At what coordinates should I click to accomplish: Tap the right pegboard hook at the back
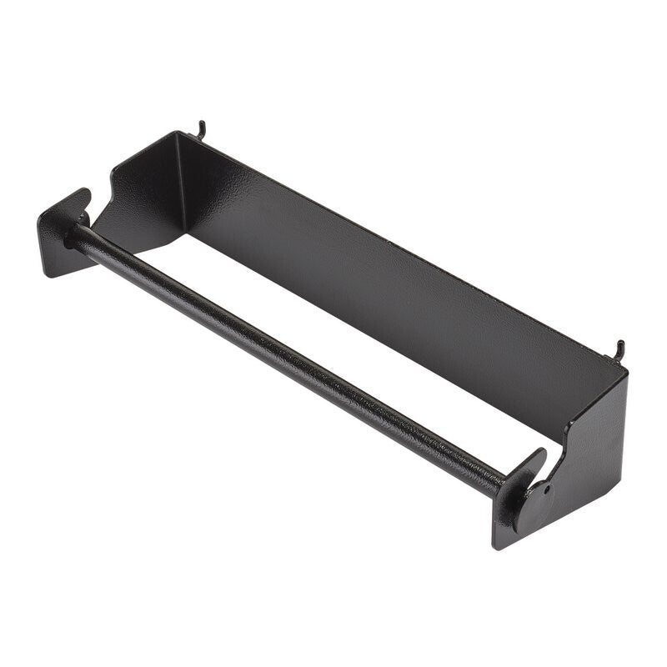619,350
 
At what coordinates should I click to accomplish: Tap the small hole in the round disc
547,490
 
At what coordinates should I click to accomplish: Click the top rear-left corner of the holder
177,133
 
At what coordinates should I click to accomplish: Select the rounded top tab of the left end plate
79,197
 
